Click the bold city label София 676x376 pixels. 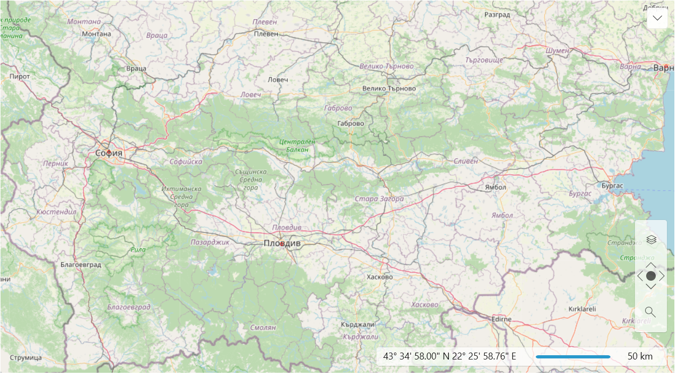(109, 153)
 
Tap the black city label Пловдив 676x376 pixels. (282, 243)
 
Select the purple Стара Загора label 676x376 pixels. (379, 199)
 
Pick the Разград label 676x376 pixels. (497, 15)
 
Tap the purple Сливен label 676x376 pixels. (466, 161)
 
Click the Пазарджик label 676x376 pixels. (210, 242)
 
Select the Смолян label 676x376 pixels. (263, 328)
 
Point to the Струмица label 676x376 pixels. (26, 357)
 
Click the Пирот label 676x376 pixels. (20, 77)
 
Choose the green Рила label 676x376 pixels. (138, 249)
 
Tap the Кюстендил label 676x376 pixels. (57, 212)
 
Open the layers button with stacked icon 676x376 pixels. (650, 240)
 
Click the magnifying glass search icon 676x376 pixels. (650, 312)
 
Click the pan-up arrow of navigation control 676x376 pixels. (650, 265)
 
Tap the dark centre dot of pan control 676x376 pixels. (650, 276)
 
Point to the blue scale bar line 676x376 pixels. (573, 356)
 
